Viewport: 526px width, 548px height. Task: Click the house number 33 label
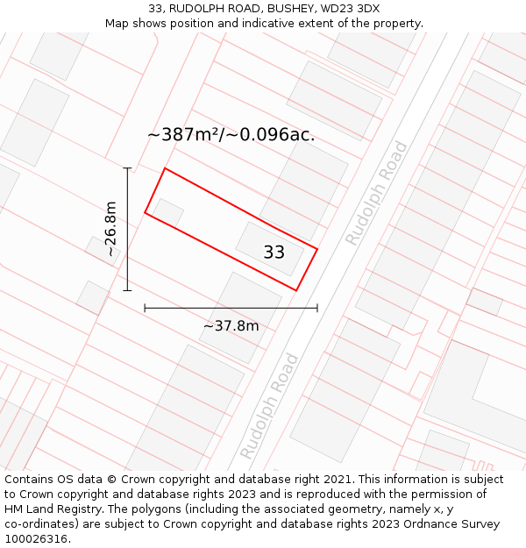[274, 253]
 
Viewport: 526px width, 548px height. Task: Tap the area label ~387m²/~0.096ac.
[231, 135]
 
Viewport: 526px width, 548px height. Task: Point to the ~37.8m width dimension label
[231, 326]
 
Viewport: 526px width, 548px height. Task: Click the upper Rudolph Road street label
[376, 193]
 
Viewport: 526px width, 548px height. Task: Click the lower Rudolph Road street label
[269, 406]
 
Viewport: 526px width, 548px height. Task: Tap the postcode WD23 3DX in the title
[350, 8]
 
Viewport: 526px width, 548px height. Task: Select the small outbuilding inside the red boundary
[168, 211]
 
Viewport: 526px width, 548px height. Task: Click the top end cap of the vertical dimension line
[127, 167]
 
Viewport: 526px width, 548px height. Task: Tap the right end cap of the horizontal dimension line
[317, 308]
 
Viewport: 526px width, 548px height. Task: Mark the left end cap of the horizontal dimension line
[145, 308]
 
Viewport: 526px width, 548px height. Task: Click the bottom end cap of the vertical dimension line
[127, 290]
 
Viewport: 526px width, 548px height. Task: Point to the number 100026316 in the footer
[37, 539]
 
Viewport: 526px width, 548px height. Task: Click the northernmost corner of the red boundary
[165, 168]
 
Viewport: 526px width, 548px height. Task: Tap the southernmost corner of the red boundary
[296, 290]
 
